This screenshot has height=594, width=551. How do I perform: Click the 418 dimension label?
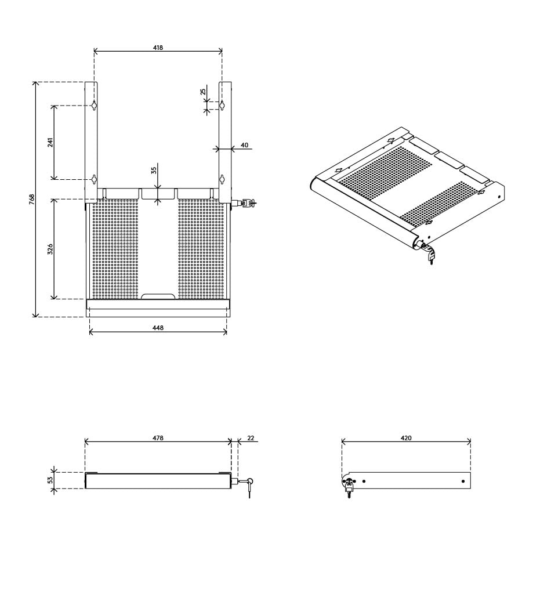pyautogui.click(x=158, y=48)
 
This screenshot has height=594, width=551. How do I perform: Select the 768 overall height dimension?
pyautogui.click(x=32, y=199)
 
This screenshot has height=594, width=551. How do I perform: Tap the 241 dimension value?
pyautogui.click(x=50, y=142)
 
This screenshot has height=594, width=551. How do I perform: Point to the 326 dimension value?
pyautogui.click(x=50, y=249)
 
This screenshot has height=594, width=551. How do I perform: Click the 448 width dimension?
pyautogui.click(x=158, y=328)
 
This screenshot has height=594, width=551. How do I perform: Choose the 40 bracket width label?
pyautogui.click(x=244, y=145)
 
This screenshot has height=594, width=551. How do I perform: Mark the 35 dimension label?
pyautogui.click(x=154, y=170)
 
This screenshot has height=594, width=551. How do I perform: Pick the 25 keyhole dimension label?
pyautogui.click(x=202, y=92)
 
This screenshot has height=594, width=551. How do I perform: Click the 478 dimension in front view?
pyautogui.click(x=158, y=438)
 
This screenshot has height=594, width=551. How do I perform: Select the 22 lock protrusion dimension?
pyautogui.click(x=251, y=438)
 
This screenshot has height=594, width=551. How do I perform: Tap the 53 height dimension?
pyautogui.click(x=50, y=480)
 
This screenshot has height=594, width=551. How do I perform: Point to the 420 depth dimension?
pyautogui.click(x=406, y=438)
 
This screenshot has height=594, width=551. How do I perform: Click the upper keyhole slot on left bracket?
pyautogui.click(x=93, y=105)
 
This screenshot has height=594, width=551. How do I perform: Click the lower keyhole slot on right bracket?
pyautogui.click(x=222, y=178)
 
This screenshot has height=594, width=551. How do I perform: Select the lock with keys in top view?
pyautogui.click(x=247, y=203)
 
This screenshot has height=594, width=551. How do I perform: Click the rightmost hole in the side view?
pyautogui.click(x=463, y=481)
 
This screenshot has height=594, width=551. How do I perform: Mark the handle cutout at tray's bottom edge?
pyautogui.click(x=158, y=296)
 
